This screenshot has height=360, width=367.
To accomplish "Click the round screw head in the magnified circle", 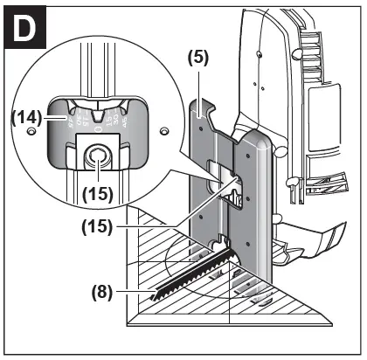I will click(x=95, y=157).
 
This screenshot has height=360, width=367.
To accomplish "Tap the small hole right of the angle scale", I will click(x=163, y=130).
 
